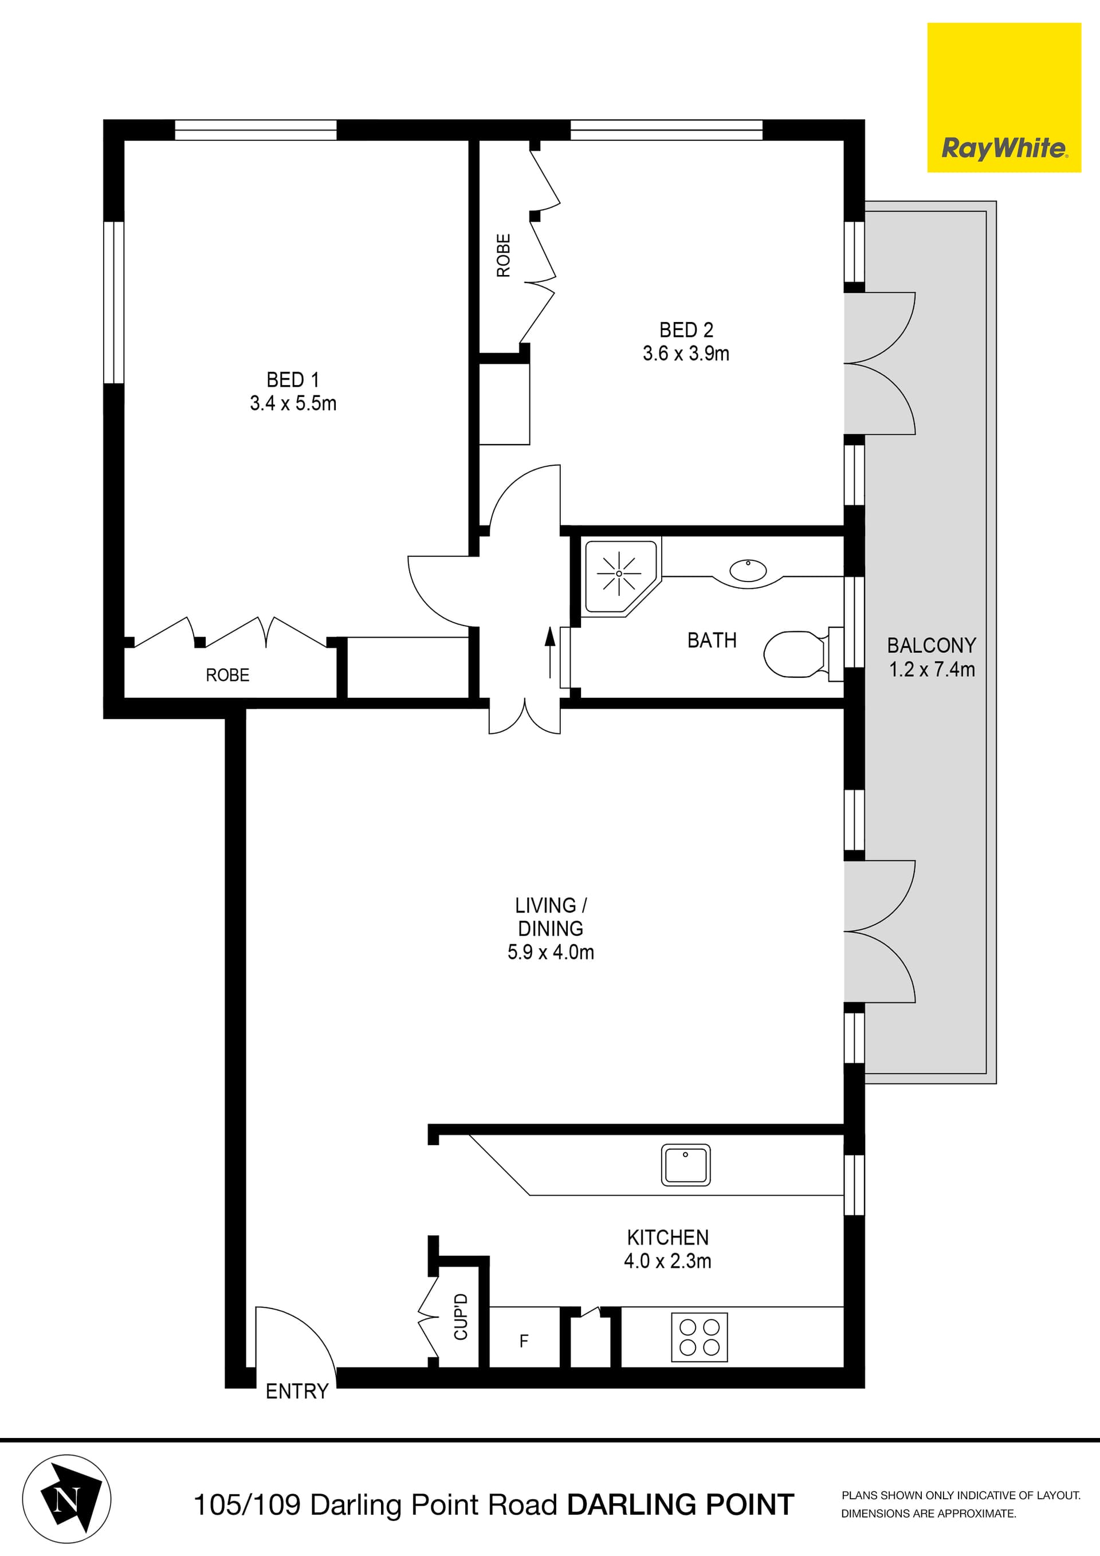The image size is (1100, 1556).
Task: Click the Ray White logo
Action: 1004,97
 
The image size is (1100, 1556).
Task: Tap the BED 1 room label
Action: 292,379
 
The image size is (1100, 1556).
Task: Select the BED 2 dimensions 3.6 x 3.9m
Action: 686,353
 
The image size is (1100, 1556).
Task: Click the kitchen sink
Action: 685,1165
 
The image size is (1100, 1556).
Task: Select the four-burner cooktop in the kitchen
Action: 699,1337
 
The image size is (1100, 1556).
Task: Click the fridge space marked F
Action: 523,1341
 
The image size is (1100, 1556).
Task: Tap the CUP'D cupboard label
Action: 461,1316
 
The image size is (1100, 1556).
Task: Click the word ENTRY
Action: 297,1392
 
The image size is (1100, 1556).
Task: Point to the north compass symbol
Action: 66,1498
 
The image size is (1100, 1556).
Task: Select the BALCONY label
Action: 931,645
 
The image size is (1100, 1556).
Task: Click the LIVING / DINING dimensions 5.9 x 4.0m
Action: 551,952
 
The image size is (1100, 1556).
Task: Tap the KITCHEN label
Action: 667,1237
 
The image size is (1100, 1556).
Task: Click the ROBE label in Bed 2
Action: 504,256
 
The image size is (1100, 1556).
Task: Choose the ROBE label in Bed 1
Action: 227,675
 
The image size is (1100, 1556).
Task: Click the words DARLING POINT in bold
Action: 681,1504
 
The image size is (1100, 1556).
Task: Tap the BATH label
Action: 712,641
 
